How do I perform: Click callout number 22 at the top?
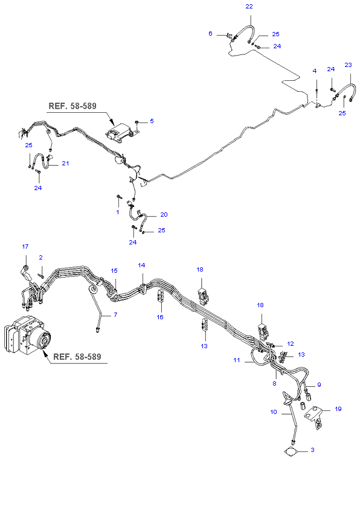tap(249, 6)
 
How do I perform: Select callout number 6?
tap(210, 33)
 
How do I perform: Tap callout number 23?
tap(348, 65)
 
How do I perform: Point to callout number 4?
tap(314, 71)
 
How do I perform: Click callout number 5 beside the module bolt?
tap(152, 121)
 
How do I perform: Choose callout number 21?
tap(65, 163)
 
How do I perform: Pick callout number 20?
tap(164, 214)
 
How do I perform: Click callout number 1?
tap(118, 212)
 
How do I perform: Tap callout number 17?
tap(25, 246)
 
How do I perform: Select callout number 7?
tap(115, 314)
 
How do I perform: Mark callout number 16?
tap(160, 317)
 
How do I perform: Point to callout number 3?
tap(312, 450)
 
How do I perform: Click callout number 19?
tap(338, 409)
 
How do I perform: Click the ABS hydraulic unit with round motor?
tap(28, 335)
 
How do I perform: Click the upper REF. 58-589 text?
tap(72, 106)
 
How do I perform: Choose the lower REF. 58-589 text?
tap(77, 357)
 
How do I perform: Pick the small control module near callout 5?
tap(120, 135)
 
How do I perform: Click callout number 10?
tap(274, 412)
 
